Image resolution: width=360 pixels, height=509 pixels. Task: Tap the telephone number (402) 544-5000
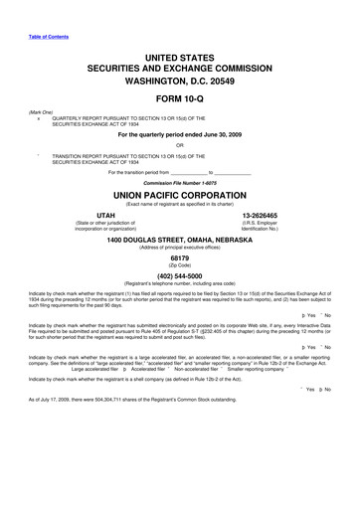coord(180,311)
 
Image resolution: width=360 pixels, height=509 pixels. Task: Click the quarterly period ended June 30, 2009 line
coord(180,136)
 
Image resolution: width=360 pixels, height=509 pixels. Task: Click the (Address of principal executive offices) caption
coord(180,278)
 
